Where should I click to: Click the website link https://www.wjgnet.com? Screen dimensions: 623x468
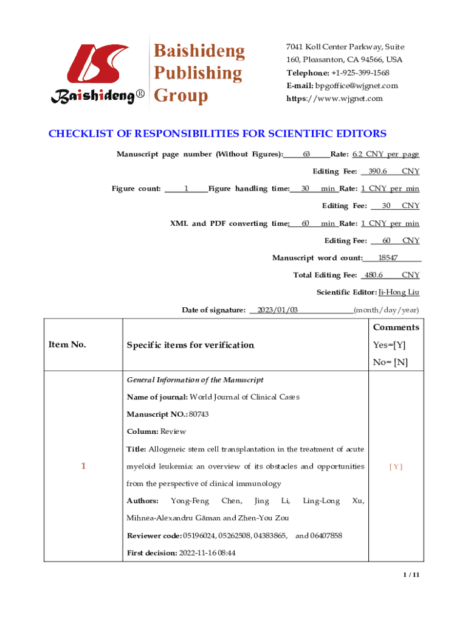point(335,98)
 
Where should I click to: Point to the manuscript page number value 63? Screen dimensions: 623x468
point(307,155)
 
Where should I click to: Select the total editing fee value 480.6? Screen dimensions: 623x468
point(373,275)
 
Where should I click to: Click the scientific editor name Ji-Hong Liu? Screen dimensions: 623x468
point(399,293)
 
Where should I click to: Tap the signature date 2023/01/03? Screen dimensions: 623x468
point(278,310)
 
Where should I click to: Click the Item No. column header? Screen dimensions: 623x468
point(67,345)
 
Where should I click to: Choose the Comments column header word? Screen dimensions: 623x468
point(396,327)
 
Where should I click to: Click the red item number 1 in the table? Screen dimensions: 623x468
point(83,466)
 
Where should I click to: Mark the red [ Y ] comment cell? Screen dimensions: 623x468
point(396,467)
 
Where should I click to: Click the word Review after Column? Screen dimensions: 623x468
point(173,431)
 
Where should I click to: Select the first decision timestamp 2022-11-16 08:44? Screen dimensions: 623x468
point(207,553)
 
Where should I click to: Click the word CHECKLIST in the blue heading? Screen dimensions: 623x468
point(80,134)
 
